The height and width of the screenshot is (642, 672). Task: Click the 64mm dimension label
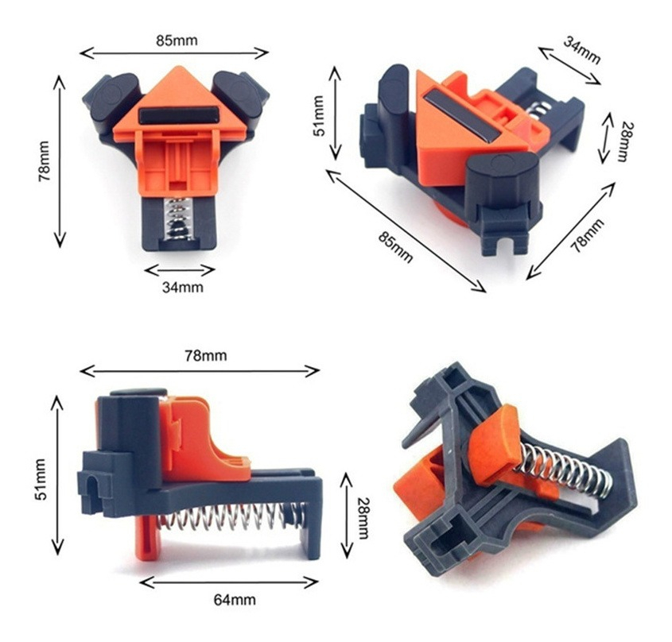pos(235,599)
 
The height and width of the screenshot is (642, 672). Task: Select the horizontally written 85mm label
pos(177,41)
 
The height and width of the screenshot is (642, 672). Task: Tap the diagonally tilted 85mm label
pos(395,247)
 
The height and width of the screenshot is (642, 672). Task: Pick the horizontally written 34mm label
pos(183,287)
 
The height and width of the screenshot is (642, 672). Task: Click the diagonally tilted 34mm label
pos(581,50)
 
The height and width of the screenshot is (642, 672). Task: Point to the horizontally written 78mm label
pos(206,355)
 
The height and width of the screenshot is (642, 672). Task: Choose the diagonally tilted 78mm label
pos(587,235)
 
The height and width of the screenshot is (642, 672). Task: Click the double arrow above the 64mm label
pos(229,582)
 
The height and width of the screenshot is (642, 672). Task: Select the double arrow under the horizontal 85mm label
pos(174,53)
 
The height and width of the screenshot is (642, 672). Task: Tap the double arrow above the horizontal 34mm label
pos(180,270)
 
